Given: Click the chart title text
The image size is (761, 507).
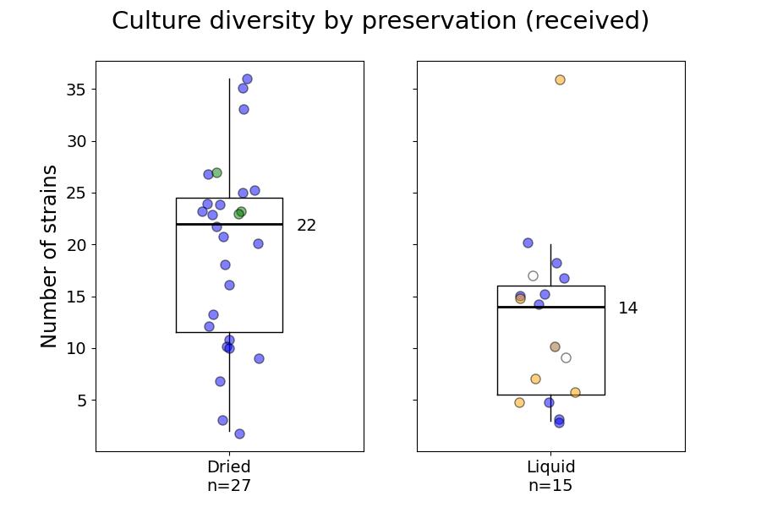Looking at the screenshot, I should point(380,21).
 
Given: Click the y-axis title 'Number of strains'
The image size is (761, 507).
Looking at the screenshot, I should point(50,256).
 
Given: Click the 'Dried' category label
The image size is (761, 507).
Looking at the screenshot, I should point(228,467).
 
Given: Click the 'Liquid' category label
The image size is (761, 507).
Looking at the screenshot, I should point(550,467).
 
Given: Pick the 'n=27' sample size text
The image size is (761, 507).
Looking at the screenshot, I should point(228,486).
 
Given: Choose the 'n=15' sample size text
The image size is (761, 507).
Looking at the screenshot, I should point(550,486).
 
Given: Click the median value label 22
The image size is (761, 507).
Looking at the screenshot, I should point(306,226).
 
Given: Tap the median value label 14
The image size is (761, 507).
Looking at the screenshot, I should point(627,308).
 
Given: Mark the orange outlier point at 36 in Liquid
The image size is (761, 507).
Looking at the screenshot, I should point(560,79).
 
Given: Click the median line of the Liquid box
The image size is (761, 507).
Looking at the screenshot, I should point(583,307).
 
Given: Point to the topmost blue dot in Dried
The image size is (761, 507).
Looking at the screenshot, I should point(247,79).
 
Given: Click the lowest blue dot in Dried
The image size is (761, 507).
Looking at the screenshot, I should point(239,433).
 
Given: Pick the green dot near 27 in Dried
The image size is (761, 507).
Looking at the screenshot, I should point(216,172).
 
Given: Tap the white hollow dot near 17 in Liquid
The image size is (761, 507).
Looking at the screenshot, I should point(533,275).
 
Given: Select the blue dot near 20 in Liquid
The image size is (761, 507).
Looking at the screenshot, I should point(528,243).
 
